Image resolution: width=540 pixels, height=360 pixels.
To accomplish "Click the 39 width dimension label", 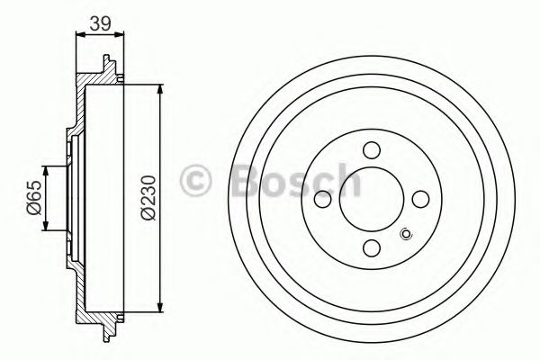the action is tap(100, 23).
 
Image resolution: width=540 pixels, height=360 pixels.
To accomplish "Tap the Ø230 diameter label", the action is tap(148, 197).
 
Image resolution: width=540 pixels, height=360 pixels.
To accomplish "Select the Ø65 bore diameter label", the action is tap(34, 197).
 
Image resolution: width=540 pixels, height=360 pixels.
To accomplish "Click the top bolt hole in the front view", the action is tap(372, 150).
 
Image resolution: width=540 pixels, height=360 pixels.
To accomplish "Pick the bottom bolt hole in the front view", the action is tap(372, 248).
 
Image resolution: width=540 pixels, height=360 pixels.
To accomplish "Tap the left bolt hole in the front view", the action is tap(323, 199).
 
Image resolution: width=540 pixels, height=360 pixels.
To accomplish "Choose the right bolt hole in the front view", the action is tap(420, 199).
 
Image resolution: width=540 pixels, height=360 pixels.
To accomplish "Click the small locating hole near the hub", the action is tap(406, 234).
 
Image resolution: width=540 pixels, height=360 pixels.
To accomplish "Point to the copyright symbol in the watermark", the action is tap(195, 181).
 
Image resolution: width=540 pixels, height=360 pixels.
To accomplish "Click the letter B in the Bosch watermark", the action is tap(246, 180).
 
